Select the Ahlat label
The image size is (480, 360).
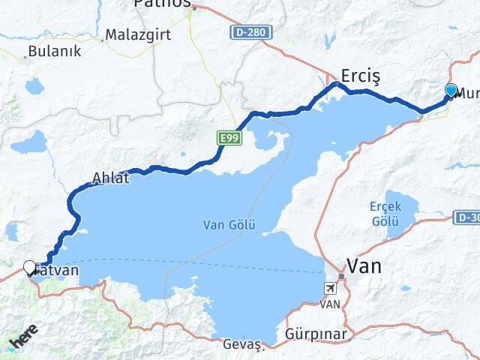[110, 178]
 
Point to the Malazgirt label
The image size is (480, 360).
[138, 34]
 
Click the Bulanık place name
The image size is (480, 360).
[48, 52]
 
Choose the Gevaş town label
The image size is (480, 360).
[241, 344]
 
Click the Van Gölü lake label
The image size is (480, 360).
[229, 224]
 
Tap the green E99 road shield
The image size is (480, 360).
[229, 138]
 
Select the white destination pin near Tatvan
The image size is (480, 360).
[30, 267]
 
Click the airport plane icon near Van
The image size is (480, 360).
[330, 289]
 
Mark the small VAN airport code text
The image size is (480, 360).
[330, 304]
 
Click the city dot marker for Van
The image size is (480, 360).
[341, 277]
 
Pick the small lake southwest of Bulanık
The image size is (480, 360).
[34, 86]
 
